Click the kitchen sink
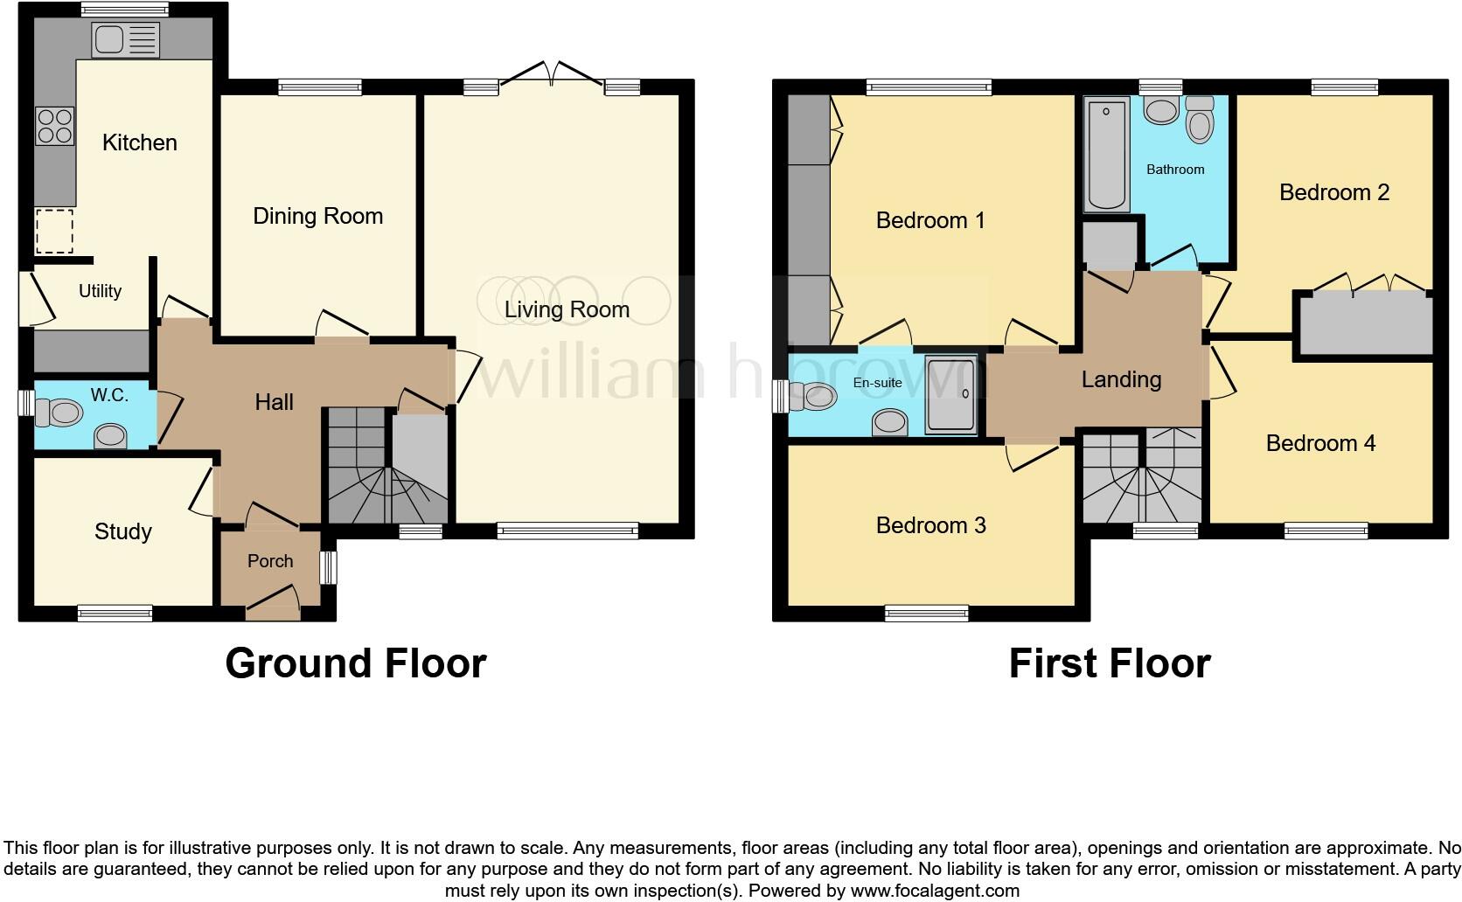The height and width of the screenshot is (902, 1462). pos(126,39)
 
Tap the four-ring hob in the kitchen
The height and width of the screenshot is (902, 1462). pos(54,125)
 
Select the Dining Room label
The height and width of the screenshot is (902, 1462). pos(317,216)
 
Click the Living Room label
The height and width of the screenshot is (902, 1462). pos(567,309)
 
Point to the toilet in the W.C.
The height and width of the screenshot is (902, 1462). pos(58,412)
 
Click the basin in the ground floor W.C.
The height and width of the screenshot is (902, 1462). pos(110,434)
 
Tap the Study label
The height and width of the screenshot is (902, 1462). pos(123,531)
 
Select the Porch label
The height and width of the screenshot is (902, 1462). pos(270,561)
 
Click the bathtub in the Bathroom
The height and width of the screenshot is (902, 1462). pos(1107,155)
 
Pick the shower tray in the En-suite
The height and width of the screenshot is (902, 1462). pos(950,395)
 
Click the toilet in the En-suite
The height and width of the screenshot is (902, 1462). pos(811,397)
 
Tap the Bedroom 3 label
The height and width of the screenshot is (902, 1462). pos(930,525)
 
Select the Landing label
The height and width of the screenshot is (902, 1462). pos(1121,379)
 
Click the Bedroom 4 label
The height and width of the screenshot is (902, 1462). pos(1320,443)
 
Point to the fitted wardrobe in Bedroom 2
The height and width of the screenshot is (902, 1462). pos(1364,323)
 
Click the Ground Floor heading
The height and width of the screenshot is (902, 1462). pos(355,663)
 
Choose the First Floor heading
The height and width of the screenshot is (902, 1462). pos(1109,663)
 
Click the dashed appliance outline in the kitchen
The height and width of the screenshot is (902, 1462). pos(54,232)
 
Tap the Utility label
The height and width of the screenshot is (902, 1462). pos(100,291)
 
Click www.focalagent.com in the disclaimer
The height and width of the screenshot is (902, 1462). pos(934,891)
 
